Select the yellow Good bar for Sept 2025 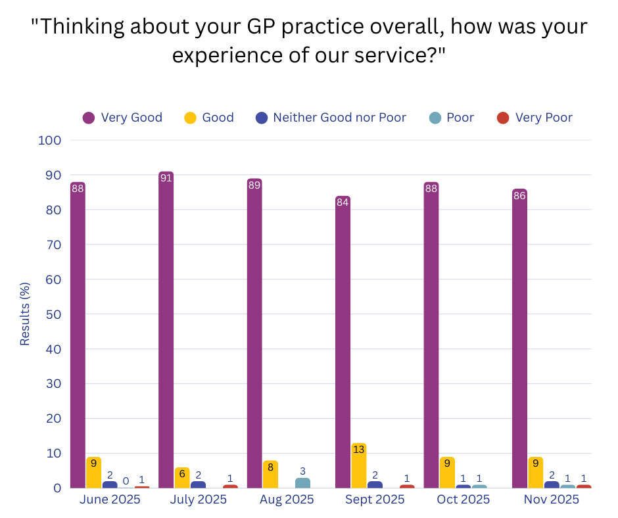click(359, 467)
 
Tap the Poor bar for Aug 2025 click(302, 483)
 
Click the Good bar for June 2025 click(94, 473)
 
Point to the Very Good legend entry click(122, 118)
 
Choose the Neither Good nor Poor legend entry click(331, 118)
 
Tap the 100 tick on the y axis click(50, 140)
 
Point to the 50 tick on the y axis click(53, 314)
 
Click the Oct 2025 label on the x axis click(463, 500)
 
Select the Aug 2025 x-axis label click(287, 500)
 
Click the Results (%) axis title click(25, 314)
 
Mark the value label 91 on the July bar click(166, 178)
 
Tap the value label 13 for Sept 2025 click(359, 450)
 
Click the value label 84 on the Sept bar click(343, 202)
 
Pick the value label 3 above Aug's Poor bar click(302, 471)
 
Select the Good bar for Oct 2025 click(447, 473)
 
